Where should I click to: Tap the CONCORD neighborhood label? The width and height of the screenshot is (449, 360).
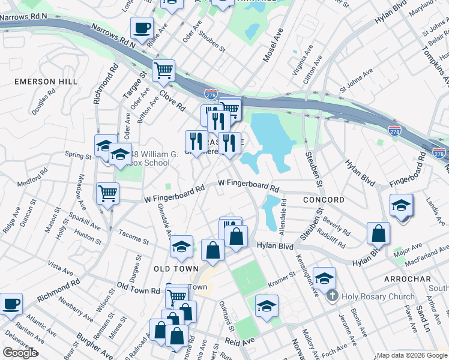pyautogui.click(x=324, y=200)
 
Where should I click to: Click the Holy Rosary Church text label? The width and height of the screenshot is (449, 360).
pyautogui.click(x=378, y=296)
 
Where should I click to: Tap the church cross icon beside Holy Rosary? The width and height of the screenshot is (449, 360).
pyautogui.click(x=333, y=296)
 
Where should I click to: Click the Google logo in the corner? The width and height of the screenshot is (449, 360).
pyautogui.click(x=20, y=353)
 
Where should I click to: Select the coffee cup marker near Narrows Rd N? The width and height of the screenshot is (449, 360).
pyautogui.click(x=142, y=28)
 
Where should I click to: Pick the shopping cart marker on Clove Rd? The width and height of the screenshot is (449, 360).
pyautogui.click(x=163, y=71)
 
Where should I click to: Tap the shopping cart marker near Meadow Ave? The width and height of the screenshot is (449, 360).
pyautogui.click(x=107, y=193)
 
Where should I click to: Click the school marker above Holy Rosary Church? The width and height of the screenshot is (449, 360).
pyautogui.click(x=324, y=278)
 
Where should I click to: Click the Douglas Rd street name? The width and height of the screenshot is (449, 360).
pyautogui.click(x=44, y=103)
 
